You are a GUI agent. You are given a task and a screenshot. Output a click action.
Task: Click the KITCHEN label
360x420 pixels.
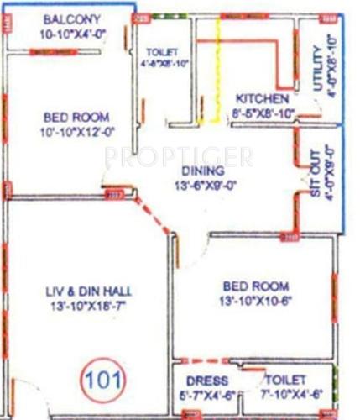[262, 98]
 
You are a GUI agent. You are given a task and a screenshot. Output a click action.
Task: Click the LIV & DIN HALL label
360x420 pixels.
[89, 291]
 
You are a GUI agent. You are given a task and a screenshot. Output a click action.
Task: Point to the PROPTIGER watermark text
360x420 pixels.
[179, 156]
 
